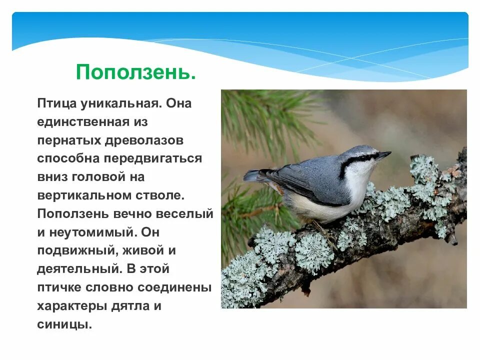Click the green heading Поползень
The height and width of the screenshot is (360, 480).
135,72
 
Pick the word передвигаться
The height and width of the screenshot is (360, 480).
153,158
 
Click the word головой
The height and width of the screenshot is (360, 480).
110,177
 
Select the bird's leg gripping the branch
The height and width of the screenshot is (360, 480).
323,230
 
